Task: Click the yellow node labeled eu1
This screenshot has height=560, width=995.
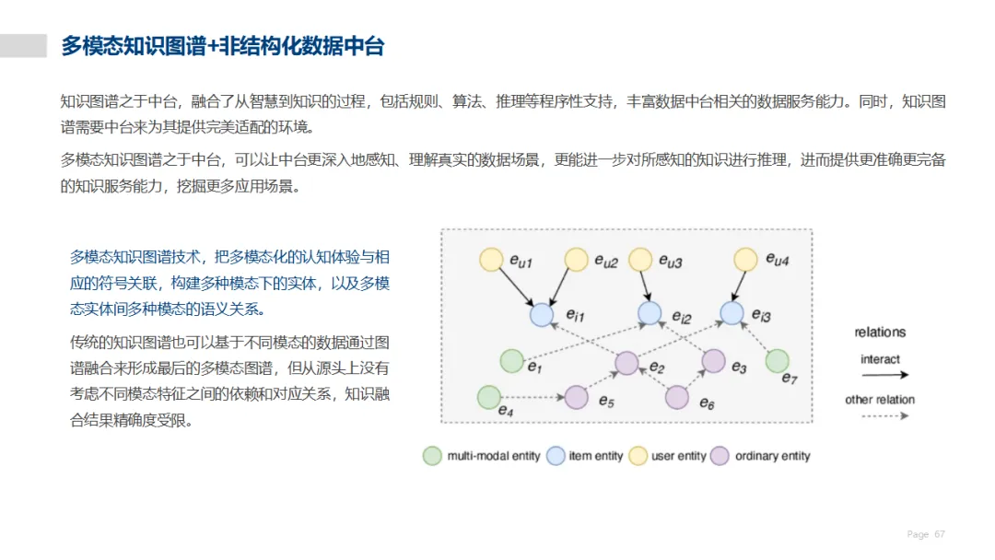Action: (491, 260)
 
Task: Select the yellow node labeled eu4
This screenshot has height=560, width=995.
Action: (745, 260)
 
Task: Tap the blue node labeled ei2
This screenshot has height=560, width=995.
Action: (650, 312)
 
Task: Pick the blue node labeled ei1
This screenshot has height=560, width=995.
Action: (542, 315)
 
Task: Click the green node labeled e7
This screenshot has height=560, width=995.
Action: (778, 361)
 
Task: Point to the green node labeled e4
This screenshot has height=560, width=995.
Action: (488, 398)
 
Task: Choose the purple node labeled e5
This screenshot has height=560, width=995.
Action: (576, 398)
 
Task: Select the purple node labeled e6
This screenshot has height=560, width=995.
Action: (677, 398)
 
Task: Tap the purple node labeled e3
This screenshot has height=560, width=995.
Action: (713, 361)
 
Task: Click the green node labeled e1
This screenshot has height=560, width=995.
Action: (512, 361)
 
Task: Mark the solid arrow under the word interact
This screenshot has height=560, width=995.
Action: (885, 375)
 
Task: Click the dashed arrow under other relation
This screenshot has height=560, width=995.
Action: (885, 416)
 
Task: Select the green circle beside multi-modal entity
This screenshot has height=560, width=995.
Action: (432, 456)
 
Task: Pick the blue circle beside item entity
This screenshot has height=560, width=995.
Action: (556, 456)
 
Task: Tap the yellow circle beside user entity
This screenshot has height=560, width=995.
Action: (638, 456)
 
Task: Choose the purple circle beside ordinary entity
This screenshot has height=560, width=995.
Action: (720, 456)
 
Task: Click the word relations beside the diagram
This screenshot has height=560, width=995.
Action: (880, 332)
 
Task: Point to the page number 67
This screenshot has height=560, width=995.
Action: (940, 534)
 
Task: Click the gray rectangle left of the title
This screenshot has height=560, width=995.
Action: (23, 46)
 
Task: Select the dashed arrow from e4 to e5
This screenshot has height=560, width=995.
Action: (533, 398)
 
